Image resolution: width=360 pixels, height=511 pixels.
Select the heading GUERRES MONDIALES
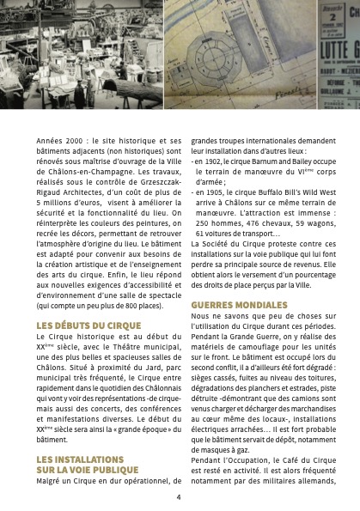[237, 304]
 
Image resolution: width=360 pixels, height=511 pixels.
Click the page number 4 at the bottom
[179, 496]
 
